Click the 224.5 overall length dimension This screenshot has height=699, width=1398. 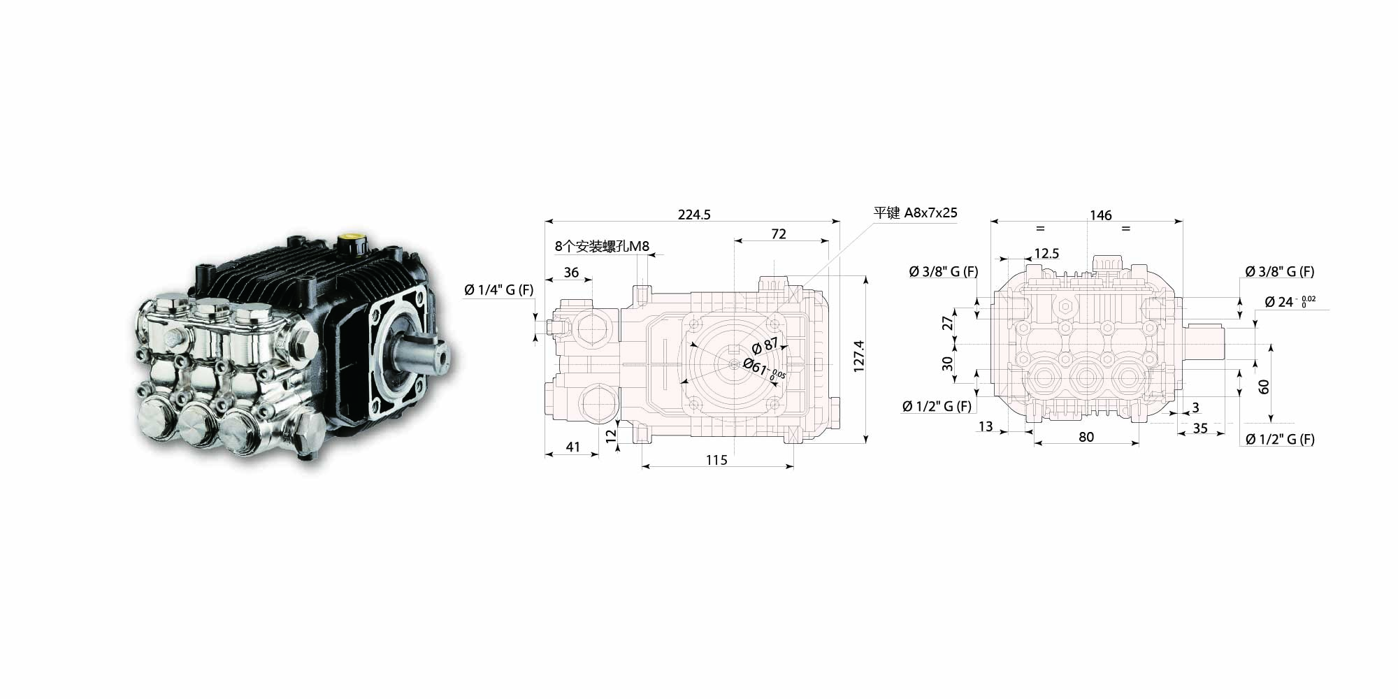pyautogui.click(x=694, y=215)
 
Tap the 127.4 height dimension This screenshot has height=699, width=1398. pyautogui.click(x=859, y=356)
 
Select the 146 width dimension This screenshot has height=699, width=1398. pyautogui.click(x=1100, y=215)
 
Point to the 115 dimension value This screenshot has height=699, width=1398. pyautogui.click(x=716, y=460)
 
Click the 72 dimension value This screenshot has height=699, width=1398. pyautogui.click(x=779, y=234)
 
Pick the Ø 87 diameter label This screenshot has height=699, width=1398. pyautogui.click(x=765, y=345)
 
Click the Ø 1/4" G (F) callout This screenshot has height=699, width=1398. pyautogui.click(x=499, y=290)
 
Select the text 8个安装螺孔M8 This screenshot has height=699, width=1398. pyautogui.click(x=602, y=246)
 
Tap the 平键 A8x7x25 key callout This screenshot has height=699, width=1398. pyautogui.click(x=916, y=212)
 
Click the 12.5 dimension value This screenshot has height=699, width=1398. pyautogui.click(x=1046, y=254)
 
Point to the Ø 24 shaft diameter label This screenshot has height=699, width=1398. pyautogui.click(x=1290, y=302)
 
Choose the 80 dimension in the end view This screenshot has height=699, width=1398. pyautogui.click(x=1086, y=437)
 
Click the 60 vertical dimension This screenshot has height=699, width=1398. pyautogui.click(x=1264, y=387)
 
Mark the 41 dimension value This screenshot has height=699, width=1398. pyautogui.click(x=573, y=447)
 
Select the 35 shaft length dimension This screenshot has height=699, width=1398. pyautogui.click(x=1200, y=428)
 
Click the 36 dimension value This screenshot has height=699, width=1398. pyautogui.click(x=571, y=273)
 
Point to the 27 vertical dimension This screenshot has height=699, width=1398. pyautogui.click(x=948, y=323)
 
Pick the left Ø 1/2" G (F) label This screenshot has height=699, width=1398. pyautogui.click(x=937, y=406)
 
